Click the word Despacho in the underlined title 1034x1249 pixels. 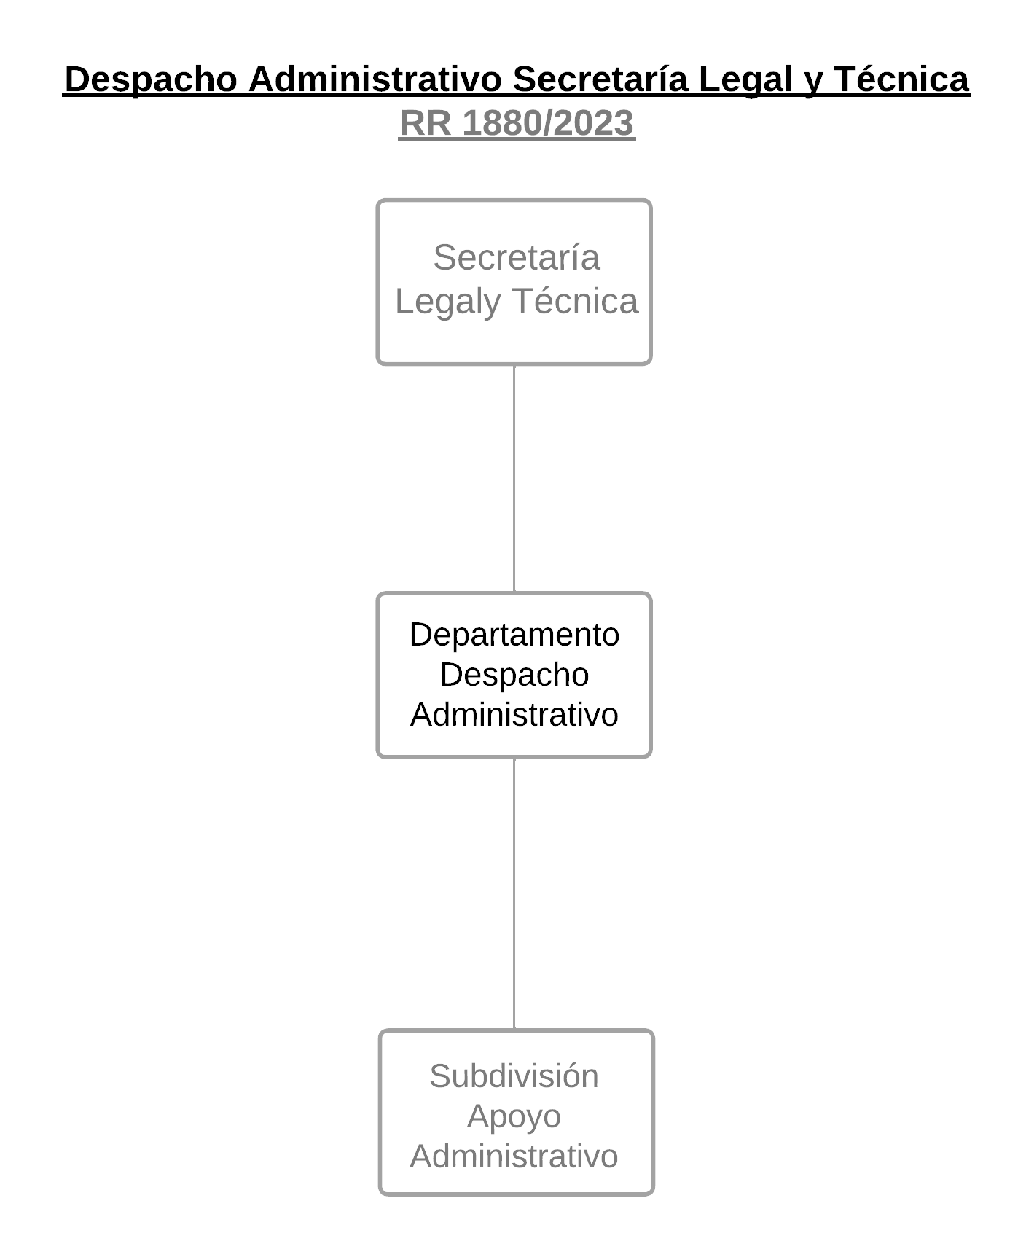pyautogui.click(x=151, y=79)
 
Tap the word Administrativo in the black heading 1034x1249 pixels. pyautogui.click(x=375, y=79)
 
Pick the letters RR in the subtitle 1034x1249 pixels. pyautogui.click(x=426, y=123)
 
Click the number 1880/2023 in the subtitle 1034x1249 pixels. pyautogui.click(x=548, y=123)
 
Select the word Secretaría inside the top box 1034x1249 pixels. pyautogui.click(x=517, y=257)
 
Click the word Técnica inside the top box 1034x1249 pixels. pyautogui.click(x=575, y=301)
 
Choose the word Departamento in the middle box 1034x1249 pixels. pyautogui.click(x=514, y=635)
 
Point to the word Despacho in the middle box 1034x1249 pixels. pyautogui.click(x=514, y=675)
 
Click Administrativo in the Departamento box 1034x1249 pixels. pyautogui.click(x=514, y=714)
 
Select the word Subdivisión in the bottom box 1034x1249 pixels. pyautogui.click(x=514, y=1076)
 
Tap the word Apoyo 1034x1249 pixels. pyautogui.click(x=514, y=1117)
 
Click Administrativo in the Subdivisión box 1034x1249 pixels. pyautogui.click(x=514, y=1156)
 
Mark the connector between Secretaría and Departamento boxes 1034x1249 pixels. pyautogui.click(x=514, y=479)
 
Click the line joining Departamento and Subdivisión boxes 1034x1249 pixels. pyautogui.click(x=514, y=894)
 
